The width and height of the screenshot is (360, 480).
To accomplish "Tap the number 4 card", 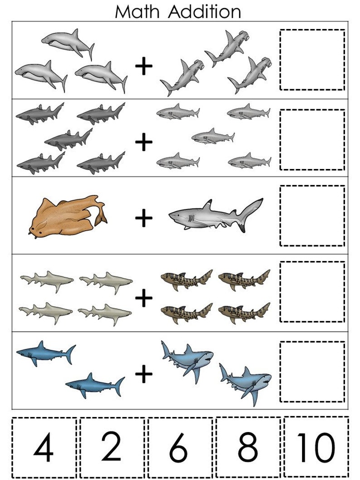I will point(44,448).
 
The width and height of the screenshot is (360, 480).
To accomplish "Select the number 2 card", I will point(112,447).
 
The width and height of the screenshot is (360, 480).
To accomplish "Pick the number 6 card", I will point(180,448).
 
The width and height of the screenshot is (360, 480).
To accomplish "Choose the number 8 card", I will point(248,447).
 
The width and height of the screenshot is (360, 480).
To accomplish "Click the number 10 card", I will point(316,447).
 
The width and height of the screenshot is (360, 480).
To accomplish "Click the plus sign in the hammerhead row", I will point(144,67).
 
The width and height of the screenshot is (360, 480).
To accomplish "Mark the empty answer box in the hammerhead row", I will point(312,60).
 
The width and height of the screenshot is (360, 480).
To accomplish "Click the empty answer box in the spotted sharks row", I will point(312,292).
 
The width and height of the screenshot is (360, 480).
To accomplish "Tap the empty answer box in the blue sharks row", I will point(312,372).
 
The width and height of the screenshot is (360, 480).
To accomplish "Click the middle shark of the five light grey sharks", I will point(212,136).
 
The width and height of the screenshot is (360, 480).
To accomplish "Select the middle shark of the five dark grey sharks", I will point(68,138).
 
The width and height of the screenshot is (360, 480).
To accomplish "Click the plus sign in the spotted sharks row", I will point(144,298).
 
